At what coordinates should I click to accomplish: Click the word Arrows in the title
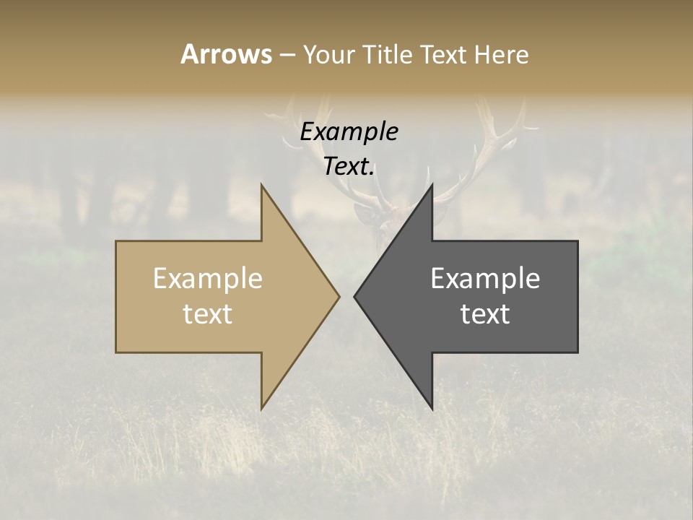point(226,54)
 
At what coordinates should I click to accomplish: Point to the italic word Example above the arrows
point(349,131)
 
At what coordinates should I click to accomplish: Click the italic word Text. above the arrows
point(349,166)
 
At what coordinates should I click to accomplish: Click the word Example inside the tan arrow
point(207,278)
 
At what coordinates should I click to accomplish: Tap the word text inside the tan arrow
point(207,313)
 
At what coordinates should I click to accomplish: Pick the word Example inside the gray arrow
point(485,278)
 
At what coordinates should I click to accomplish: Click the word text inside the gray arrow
point(485,313)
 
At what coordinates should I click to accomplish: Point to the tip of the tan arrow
point(338,296)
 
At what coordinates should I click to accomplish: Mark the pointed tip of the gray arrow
point(355,296)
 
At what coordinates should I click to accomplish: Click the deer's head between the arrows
point(383,217)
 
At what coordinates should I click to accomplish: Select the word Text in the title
point(443,55)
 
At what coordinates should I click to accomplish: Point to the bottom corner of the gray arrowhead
point(432,408)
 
